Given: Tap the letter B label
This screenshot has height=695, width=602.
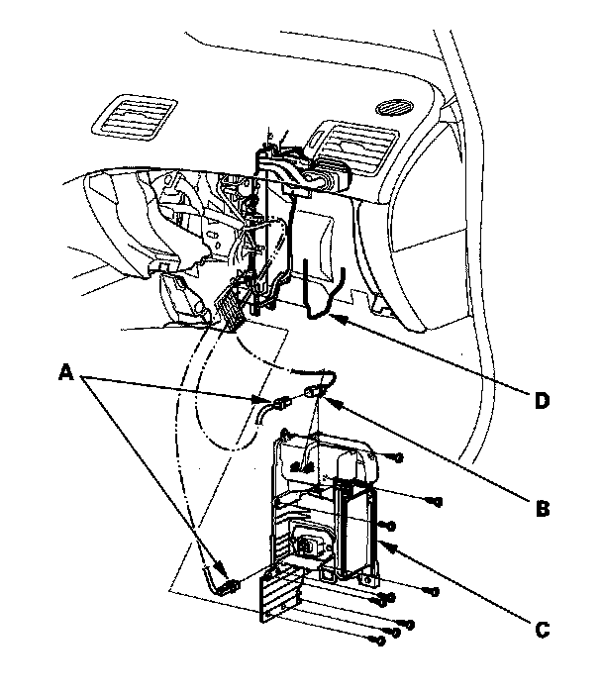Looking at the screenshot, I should click(x=542, y=508).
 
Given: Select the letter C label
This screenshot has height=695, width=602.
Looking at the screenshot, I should click(x=542, y=627).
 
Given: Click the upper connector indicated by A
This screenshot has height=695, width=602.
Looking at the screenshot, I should click(x=279, y=404).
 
